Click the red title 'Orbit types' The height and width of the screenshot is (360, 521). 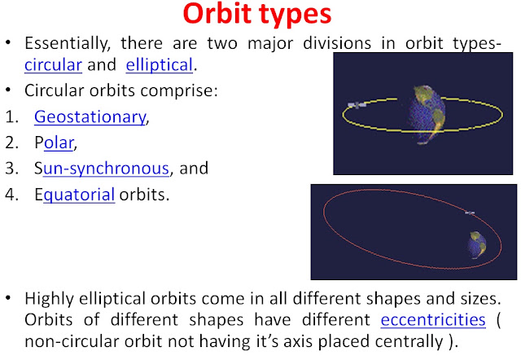tap(257, 15)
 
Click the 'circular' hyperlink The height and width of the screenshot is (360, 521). tap(53, 65)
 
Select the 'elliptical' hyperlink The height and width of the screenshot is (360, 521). tap(160, 65)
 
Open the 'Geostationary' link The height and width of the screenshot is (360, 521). tap(90, 117)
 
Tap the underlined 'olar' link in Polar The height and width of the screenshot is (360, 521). tap(59, 143)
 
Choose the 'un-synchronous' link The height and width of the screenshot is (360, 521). tap(106, 169)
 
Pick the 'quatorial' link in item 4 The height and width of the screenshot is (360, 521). tap(79, 195)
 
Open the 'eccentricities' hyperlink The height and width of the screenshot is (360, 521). tap(433, 320)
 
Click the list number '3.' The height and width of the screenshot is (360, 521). tap(12, 169)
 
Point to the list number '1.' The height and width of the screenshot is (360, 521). tap(12, 117)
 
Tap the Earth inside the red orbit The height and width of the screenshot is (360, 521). tap(477, 245)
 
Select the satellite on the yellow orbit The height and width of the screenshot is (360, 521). tap(357, 105)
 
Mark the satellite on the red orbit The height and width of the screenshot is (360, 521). tap(470, 213)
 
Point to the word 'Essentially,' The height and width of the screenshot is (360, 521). tap(68, 43)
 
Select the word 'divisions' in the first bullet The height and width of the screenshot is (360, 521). tap(337, 43)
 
